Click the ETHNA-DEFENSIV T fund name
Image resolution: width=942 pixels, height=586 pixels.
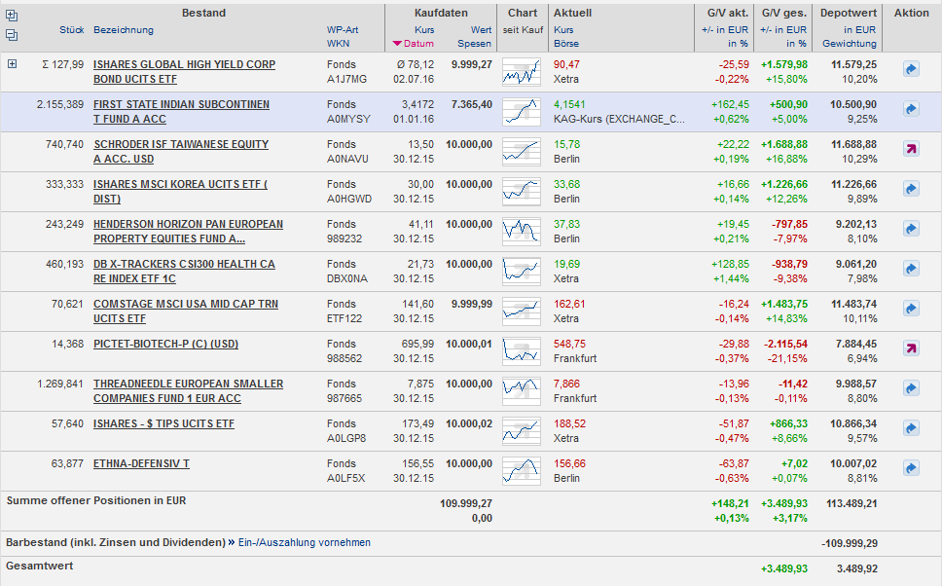(141, 464)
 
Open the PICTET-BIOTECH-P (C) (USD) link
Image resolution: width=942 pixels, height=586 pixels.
(165, 345)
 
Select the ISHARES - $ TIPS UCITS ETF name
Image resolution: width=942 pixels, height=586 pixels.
(163, 424)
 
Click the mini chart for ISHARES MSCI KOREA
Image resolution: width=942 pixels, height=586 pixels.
(522, 191)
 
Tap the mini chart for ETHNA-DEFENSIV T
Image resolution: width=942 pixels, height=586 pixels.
(522, 470)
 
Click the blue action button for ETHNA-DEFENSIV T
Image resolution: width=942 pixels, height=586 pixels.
(911, 469)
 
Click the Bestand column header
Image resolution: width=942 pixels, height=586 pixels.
(203, 14)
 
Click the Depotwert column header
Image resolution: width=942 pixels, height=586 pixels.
(848, 14)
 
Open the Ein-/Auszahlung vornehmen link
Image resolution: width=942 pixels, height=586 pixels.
(305, 543)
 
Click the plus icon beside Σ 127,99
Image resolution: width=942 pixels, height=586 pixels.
(13, 64)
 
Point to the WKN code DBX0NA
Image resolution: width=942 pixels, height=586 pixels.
(347, 278)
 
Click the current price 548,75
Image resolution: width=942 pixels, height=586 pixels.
(569, 345)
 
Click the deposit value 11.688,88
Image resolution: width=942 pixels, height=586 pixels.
(853, 145)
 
